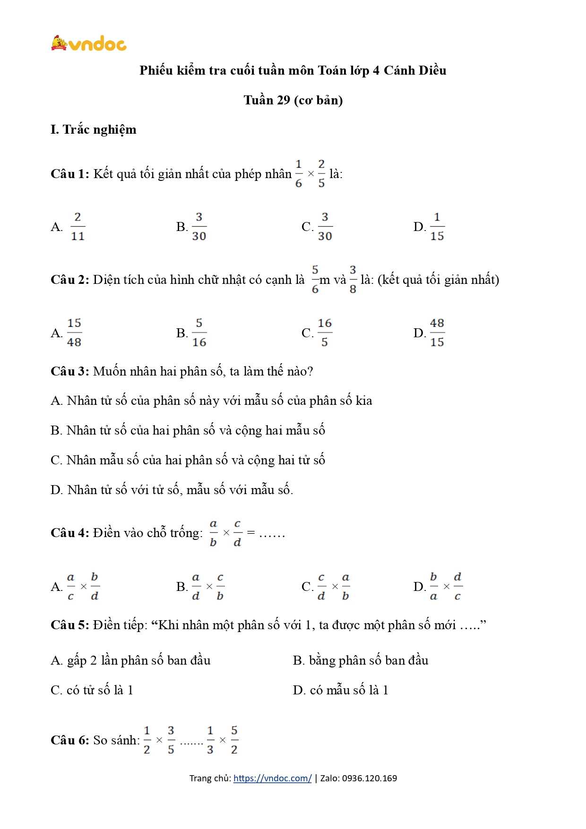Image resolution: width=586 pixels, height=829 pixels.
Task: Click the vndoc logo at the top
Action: (88, 43)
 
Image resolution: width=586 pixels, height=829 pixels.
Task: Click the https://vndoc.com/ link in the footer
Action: (272, 778)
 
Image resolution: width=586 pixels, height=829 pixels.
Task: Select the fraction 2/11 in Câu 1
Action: (78, 227)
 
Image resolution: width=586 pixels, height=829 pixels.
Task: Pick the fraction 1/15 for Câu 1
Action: (437, 227)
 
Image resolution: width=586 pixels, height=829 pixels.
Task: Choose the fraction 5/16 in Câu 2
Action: (199, 333)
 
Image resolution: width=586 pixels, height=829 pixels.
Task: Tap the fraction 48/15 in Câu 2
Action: (437, 333)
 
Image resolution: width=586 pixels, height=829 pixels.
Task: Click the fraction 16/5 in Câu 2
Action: (324, 333)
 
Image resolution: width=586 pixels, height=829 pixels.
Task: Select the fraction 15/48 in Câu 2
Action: (74, 333)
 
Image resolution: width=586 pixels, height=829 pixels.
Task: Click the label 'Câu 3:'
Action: (69, 371)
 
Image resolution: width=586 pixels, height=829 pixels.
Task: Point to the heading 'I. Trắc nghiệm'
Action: (93, 129)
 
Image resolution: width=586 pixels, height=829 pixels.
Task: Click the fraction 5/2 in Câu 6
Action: (234, 740)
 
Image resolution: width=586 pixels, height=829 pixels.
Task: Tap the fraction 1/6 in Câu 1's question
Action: (299, 174)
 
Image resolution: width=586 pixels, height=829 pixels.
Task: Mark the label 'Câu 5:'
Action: (69, 625)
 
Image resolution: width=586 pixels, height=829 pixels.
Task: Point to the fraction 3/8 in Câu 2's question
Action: (353, 280)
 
